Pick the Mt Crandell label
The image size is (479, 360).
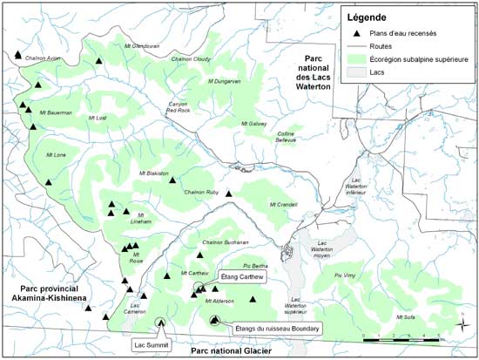pyautogui.click(x=284, y=205)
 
